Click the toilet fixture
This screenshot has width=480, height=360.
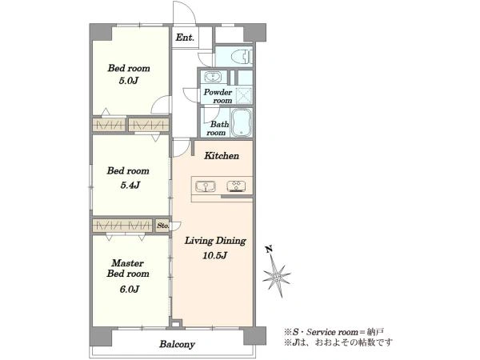(242, 57)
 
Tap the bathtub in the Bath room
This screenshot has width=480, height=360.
(242, 122)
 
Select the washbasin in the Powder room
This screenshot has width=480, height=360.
(213, 76)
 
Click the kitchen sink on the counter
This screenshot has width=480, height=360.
(206, 186)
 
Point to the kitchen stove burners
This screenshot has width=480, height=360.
(236, 186)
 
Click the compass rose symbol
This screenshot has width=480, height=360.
(277, 278)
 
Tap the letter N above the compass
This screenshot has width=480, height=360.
(269, 249)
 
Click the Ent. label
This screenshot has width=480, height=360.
(185, 38)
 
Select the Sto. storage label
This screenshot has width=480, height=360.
(162, 226)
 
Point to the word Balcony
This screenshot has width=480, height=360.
(177, 344)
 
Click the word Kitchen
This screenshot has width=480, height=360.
(222, 156)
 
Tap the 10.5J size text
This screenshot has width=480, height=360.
(214, 255)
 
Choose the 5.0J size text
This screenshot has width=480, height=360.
(129, 81)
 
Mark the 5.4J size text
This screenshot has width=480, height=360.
(130, 185)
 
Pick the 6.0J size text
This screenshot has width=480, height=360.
(130, 289)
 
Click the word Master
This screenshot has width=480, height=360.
(127, 263)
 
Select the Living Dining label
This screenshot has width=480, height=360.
(215, 241)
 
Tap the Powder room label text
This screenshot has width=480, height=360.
(218, 96)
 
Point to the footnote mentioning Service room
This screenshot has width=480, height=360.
(334, 332)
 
